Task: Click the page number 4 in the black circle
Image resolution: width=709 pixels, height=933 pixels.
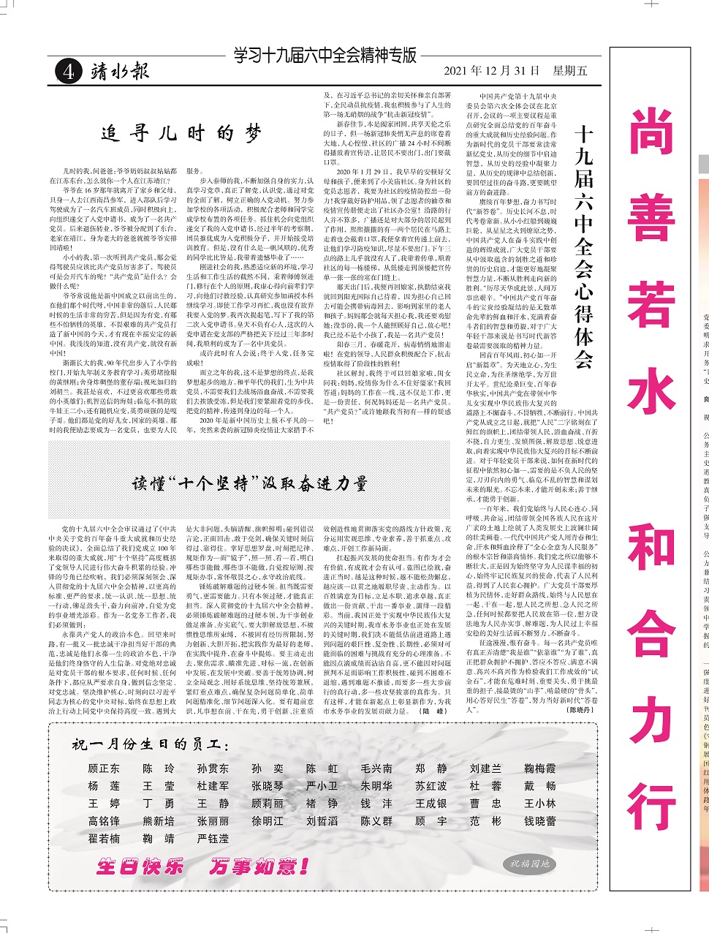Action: pos(67,71)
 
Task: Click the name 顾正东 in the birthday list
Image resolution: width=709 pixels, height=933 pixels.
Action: pos(104,768)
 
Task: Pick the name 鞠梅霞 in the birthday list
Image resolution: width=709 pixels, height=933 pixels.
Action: pos(539,768)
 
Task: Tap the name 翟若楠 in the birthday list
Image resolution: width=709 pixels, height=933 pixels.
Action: pos(104,839)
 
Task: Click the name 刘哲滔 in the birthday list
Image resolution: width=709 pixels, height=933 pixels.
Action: pos(322,821)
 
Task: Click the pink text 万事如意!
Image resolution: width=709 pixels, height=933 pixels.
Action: pos(259,867)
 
